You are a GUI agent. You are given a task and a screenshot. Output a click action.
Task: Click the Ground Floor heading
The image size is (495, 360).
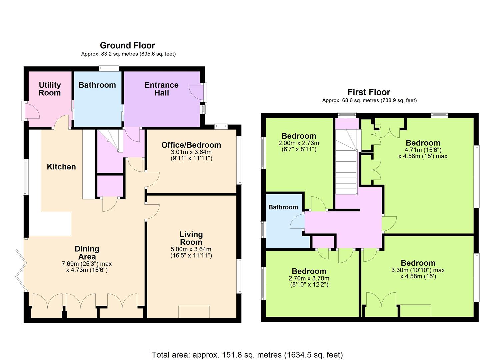point(128,46)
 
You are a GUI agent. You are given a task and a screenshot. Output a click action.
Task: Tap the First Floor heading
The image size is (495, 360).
point(369,92)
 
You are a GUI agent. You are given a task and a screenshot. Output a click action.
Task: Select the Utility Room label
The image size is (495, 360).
point(50,89)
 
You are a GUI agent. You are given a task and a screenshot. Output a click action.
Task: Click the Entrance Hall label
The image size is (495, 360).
point(162,89)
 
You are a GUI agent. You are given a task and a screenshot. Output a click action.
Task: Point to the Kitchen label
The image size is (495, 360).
point(61,167)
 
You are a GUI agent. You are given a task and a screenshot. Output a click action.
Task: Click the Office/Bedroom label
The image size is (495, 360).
point(191,145)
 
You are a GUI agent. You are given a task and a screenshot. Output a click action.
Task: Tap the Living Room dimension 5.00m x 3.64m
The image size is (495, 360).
point(191,249)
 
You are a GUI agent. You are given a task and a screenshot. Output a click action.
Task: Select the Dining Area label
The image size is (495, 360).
point(87,253)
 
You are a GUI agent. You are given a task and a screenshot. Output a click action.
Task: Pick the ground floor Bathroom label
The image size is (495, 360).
point(97,85)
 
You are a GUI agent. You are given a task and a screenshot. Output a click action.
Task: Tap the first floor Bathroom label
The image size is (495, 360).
point(283,207)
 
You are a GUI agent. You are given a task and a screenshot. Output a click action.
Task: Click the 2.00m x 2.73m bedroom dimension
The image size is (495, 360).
point(299,143)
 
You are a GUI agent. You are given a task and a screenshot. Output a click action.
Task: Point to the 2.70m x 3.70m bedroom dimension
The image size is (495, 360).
point(309,278)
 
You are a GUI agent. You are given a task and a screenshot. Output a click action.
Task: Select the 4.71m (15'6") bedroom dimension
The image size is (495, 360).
point(423,150)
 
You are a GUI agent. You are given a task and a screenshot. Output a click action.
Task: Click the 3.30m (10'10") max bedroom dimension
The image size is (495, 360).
point(418,270)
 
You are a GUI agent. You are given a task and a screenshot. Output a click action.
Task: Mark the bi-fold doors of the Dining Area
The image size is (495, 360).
point(21,270)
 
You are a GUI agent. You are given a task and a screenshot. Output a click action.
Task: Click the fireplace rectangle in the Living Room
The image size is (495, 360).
point(194,312)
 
